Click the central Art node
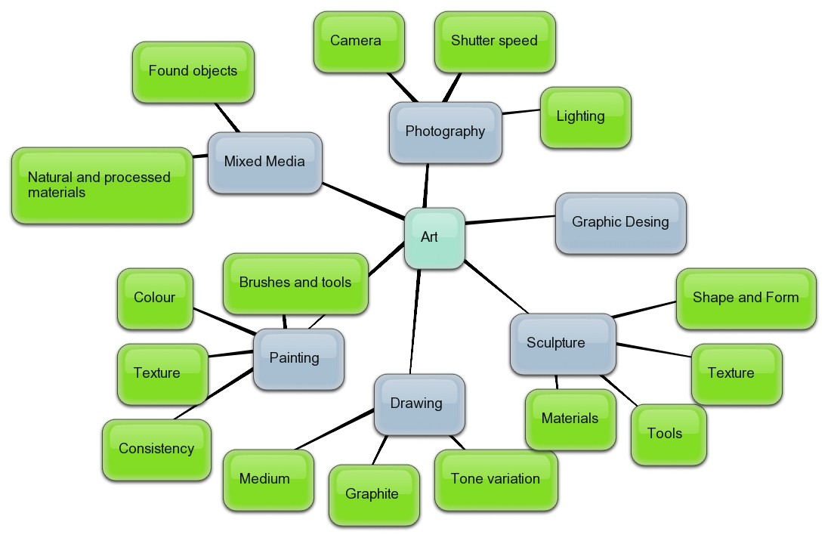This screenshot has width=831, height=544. tap(434, 238)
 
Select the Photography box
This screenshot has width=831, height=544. tap(446, 132)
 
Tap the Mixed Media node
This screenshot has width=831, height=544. tap(264, 162)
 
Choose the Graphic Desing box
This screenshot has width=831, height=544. tap(620, 222)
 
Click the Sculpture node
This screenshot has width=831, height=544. tap(562, 344)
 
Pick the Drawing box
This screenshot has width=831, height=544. tap(419, 404)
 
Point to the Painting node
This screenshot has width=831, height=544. tap(298, 359)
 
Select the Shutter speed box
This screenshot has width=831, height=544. tap(495, 42)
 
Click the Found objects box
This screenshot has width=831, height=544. tap(193, 72)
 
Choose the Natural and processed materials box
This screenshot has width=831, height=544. tap(101, 185)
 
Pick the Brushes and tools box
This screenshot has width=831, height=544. tap(295, 283)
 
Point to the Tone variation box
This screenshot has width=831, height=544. tap(496, 479)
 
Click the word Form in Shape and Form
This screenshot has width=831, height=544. tap(780, 298)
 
